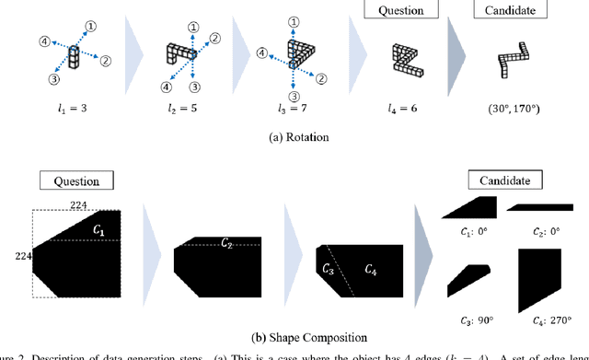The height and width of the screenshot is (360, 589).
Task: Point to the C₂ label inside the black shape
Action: click(x=226, y=243)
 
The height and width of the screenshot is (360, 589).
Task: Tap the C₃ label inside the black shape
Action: click(x=329, y=270)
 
